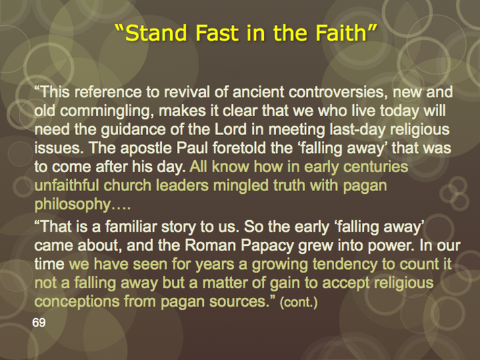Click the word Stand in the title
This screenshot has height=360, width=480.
click(156, 33)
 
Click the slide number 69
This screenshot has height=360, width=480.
click(39, 322)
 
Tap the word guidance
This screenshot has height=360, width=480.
click(134, 130)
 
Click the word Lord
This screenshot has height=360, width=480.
click(230, 129)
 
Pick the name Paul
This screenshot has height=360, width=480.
click(193, 148)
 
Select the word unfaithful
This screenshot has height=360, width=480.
click(67, 185)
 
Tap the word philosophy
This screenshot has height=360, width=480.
click(72, 205)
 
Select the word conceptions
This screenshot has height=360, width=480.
click(77, 302)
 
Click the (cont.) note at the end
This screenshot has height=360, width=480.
click(299, 303)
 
